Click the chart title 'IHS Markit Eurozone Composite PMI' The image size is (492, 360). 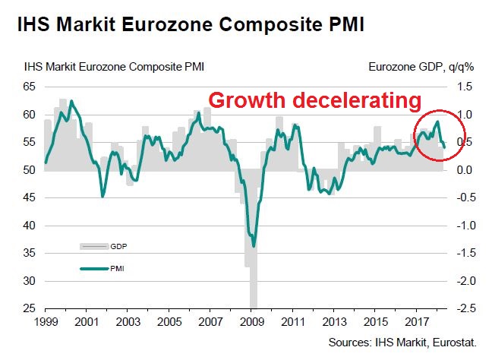click(187, 25)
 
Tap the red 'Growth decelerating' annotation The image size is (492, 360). click(314, 100)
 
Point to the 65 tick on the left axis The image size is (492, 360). click(30, 87)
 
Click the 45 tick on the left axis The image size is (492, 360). click(30, 197)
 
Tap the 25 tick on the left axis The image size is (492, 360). click(30, 308)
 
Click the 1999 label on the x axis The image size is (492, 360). click(46, 323)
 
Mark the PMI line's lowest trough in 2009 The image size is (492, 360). click(254, 245)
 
